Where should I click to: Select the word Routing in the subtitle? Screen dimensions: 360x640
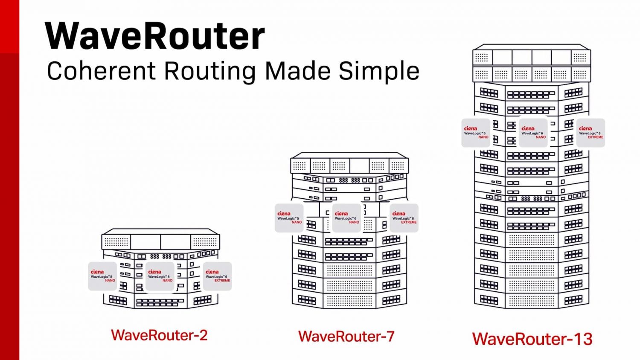(209, 71)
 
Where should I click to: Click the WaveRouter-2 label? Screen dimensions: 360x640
(159, 335)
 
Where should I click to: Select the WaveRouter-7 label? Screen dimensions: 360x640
(346, 337)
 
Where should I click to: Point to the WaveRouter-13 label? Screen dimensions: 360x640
(532, 339)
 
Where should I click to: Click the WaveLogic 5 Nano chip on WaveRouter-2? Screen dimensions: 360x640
(102, 276)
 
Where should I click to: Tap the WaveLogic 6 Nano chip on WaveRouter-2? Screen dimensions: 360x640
(160, 276)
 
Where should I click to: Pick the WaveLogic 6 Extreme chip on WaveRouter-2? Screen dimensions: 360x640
(217, 276)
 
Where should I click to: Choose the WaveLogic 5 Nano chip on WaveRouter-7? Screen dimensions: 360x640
(289, 218)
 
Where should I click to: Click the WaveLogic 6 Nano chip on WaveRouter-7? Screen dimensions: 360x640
(346, 218)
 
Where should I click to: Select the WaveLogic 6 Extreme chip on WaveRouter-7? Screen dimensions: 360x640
(404, 218)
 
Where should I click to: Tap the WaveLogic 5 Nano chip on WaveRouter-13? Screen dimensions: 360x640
(476, 133)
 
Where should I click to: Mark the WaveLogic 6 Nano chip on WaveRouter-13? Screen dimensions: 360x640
(533, 133)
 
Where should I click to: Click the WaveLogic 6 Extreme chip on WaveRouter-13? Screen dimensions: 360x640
(591, 133)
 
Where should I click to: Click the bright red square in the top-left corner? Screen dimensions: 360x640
(9, 26)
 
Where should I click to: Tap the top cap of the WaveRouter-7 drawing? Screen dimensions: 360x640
(349, 164)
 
